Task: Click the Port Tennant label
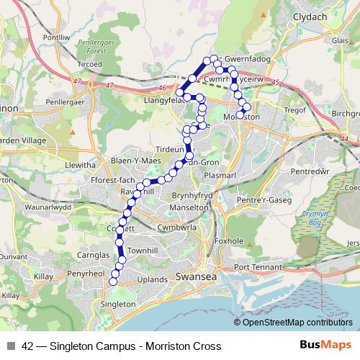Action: pos(258,267)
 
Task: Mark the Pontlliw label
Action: pos(57,37)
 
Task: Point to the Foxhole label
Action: pos(230,242)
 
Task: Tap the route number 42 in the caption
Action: pos(27,346)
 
